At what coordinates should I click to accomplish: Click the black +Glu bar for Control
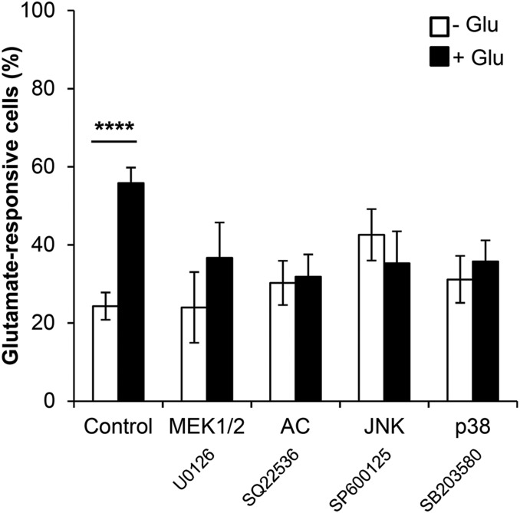click(130, 292)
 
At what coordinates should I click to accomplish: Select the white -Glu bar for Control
click(104, 353)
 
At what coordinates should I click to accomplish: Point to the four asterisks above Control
click(114, 127)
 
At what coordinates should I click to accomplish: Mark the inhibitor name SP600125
click(357, 477)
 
